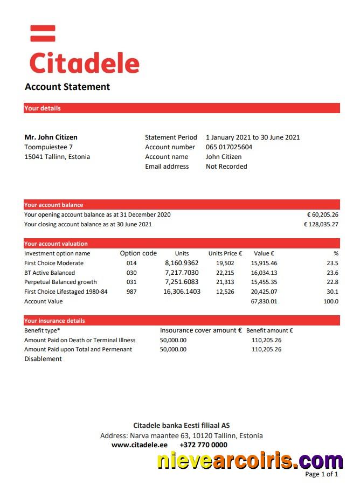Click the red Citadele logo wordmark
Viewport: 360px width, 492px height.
point(84,63)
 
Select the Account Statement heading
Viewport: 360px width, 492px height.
point(67,87)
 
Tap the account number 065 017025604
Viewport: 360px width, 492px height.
point(229,147)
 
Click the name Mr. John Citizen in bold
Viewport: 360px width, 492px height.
point(51,137)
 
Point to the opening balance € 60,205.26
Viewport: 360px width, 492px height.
point(322,214)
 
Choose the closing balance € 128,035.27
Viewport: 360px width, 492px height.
point(321,224)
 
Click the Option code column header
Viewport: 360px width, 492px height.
point(138,253)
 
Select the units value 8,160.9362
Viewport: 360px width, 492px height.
point(182,263)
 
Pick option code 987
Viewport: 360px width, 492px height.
point(131,292)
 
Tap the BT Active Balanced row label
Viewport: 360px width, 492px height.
point(50,273)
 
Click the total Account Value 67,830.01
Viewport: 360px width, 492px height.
point(264,301)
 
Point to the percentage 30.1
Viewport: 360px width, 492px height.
point(333,292)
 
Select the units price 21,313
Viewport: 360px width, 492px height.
point(225,282)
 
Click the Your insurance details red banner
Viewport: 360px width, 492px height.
point(182,321)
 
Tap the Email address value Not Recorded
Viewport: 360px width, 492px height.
point(226,167)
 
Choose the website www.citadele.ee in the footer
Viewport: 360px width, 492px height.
point(139,445)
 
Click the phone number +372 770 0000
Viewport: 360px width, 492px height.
point(203,445)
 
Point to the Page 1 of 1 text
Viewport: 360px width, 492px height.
point(321,474)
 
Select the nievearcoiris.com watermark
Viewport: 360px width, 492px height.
point(250,461)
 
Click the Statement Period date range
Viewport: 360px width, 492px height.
point(252,137)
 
